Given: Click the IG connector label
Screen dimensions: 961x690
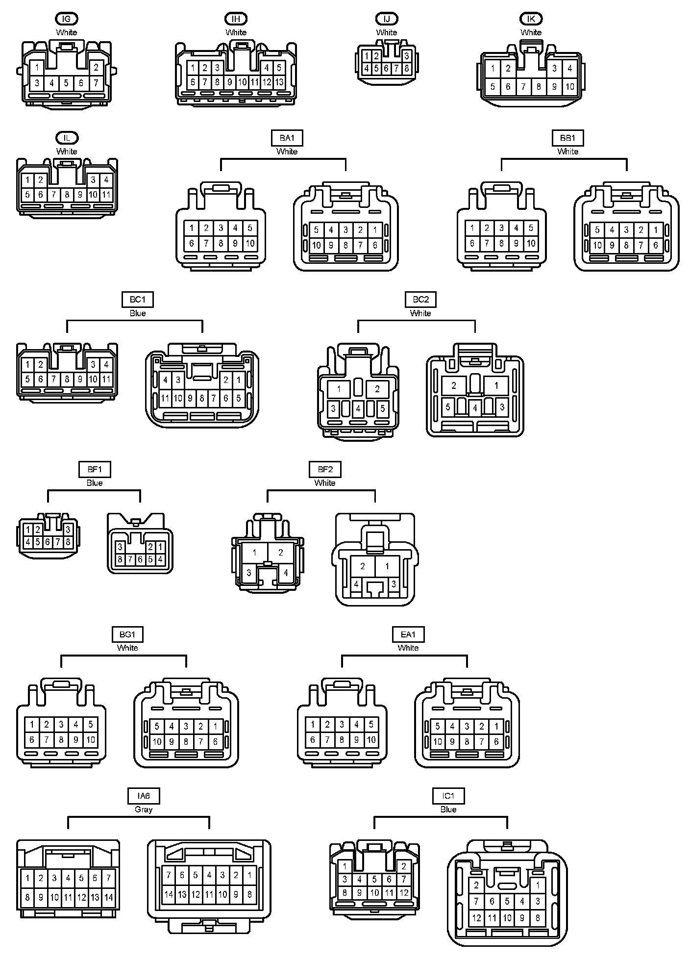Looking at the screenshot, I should coord(67,19).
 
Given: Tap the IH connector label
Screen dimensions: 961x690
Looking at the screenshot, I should coord(236,19).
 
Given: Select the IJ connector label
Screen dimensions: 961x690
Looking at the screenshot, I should coord(387,19).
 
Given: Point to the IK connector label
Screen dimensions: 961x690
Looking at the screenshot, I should coord(531,19).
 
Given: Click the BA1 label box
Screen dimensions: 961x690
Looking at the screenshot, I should coord(287,138).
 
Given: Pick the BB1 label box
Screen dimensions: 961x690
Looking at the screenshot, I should coord(567,138).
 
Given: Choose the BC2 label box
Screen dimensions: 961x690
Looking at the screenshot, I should coord(420,300).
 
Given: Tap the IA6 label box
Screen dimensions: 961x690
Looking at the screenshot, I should coord(144,796).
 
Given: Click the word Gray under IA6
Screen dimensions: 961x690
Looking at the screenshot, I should coord(144,809).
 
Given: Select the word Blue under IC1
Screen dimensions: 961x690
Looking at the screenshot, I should coord(448,809).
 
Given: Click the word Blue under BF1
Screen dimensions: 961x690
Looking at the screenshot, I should coord(95,483).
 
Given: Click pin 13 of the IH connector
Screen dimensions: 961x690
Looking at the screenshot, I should coord(279,82).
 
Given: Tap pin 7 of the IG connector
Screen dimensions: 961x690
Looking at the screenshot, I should coord(96,83).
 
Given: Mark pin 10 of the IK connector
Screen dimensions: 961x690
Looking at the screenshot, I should coord(569,87).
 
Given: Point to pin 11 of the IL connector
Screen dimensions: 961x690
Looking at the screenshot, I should coord(106,195).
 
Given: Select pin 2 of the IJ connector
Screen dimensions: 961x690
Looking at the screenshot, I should coord(376,57).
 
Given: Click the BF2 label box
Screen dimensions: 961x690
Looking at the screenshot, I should coord(325,469).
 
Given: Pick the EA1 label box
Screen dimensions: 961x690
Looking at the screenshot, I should coord(408,634).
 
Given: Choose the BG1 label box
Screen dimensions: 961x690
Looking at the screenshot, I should coord(127,634).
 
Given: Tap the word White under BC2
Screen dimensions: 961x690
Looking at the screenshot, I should coord(420,313).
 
